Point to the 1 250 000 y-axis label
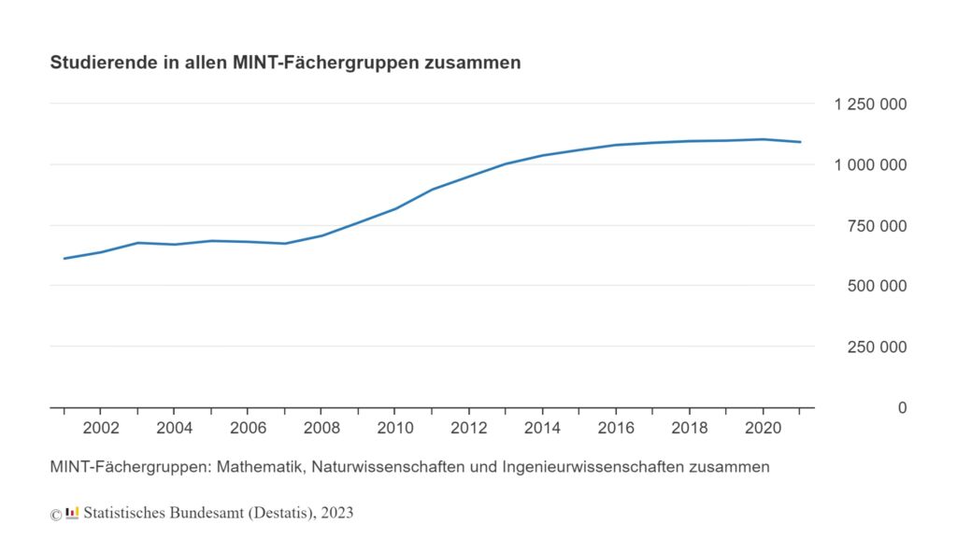tap(870, 104)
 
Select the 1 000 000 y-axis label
tap(870, 164)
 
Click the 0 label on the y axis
tap(902, 408)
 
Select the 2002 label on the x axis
tap(101, 429)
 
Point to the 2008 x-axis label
tap(321, 429)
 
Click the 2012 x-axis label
tap(467, 429)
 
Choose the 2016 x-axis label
tap(614, 429)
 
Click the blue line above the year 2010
tap(394, 208)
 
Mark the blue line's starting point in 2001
tap(64, 258)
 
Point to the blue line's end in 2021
tap(800, 142)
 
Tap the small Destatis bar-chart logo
tap(72, 512)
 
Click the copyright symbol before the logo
tap(56, 514)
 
